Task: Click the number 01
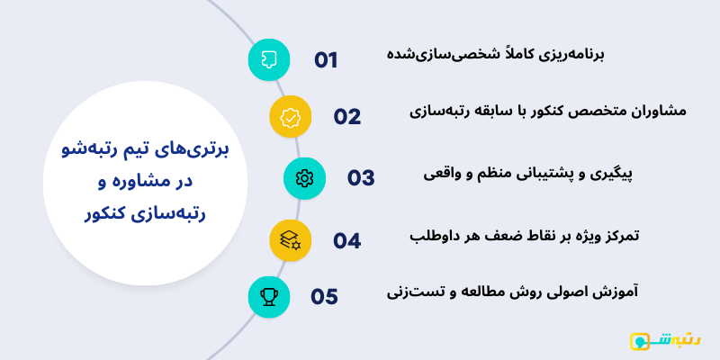point(326,60)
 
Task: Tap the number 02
point(347,116)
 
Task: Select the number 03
point(361,177)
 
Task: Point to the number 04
point(347,240)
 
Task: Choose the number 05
point(325,296)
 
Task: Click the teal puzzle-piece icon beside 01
point(268,59)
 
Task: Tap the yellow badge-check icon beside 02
point(291,116)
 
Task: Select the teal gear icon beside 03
point(304,177)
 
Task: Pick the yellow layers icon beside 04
point(291,240)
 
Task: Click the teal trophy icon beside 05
point(268,296)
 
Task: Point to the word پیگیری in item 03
point(614,174)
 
